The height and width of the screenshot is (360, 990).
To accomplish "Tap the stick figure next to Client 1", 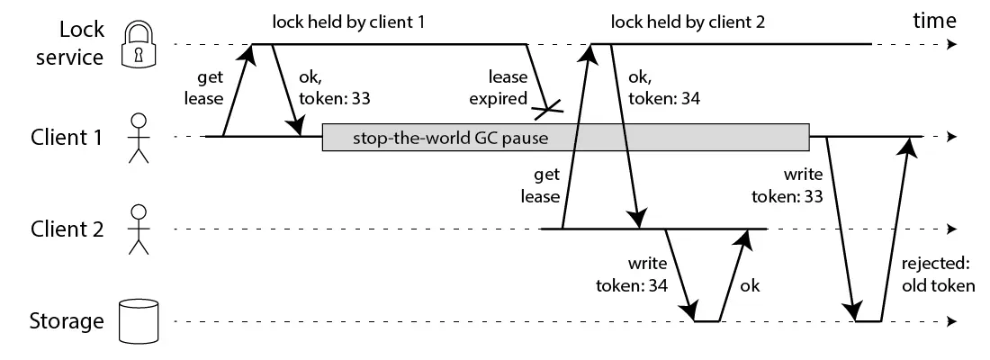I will (x=138, y=138).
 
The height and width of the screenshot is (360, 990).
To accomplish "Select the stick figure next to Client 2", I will (x=138, y=229).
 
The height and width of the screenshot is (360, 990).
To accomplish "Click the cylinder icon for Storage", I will (x=138, y=321).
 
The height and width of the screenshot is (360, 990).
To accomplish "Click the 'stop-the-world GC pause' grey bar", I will (x=565, y=138).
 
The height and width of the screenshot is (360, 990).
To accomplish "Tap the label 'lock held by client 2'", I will (x=687, y=21).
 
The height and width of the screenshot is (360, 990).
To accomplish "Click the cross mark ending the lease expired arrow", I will (x=547, y=111).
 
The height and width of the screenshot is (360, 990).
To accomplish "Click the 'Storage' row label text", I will (x=65, y=321).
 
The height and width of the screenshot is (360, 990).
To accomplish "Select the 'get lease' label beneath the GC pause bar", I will (x=547, y=184).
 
